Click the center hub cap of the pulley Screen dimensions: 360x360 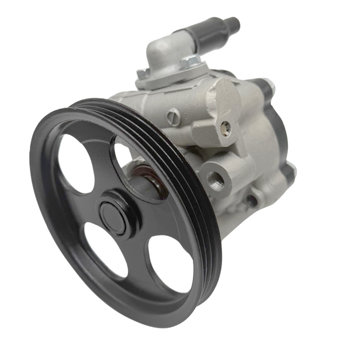coord(114,211)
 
